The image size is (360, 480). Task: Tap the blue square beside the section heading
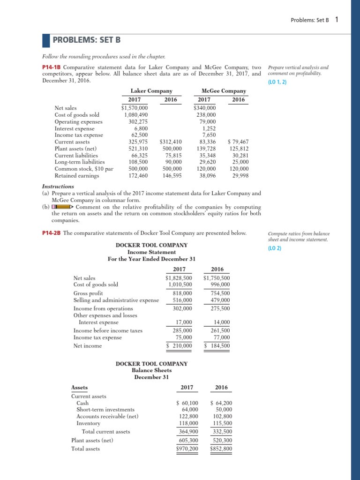coord(46,41)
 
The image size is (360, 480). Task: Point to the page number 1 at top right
coord(337,20)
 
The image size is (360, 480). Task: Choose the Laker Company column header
coord(151,91)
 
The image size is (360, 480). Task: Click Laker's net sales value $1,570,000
coord(134,108)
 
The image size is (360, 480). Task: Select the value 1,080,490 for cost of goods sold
coord(136,115)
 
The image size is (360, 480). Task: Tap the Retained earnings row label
coord(77,176)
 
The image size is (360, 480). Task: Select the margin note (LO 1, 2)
coord(277,82)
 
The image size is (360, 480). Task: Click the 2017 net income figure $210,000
coord(180,346)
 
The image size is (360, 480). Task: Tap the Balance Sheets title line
coord(151,370)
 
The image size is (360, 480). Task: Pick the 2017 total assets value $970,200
coord(187,449)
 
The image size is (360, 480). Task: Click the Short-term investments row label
coord(105,410)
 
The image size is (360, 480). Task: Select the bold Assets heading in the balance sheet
coord(79,388)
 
